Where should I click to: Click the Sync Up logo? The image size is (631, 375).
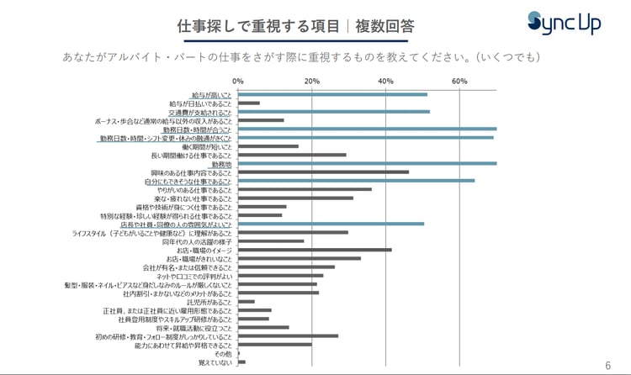click(564, 23)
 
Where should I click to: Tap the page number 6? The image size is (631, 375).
click(608, 365)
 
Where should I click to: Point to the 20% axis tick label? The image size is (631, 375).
click(311, 82)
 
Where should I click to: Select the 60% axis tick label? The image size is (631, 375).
click(459, 82)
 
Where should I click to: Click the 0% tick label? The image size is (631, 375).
click(238, 82)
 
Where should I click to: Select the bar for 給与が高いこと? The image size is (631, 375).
click(332, 94)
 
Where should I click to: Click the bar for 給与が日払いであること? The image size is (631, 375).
click(249, 103)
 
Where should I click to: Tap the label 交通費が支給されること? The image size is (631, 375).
click(199, 112)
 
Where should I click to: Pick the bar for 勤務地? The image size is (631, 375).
click(367, 164)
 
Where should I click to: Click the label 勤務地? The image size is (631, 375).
click(221, 164)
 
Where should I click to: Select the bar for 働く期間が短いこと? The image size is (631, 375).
click(268, 146)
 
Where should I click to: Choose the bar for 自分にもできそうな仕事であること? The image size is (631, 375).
click(356, 181)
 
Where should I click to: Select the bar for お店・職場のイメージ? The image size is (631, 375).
click(315, 250)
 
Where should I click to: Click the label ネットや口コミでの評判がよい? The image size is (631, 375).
click(194, 276)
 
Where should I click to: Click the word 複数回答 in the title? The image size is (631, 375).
click(384, 27)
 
